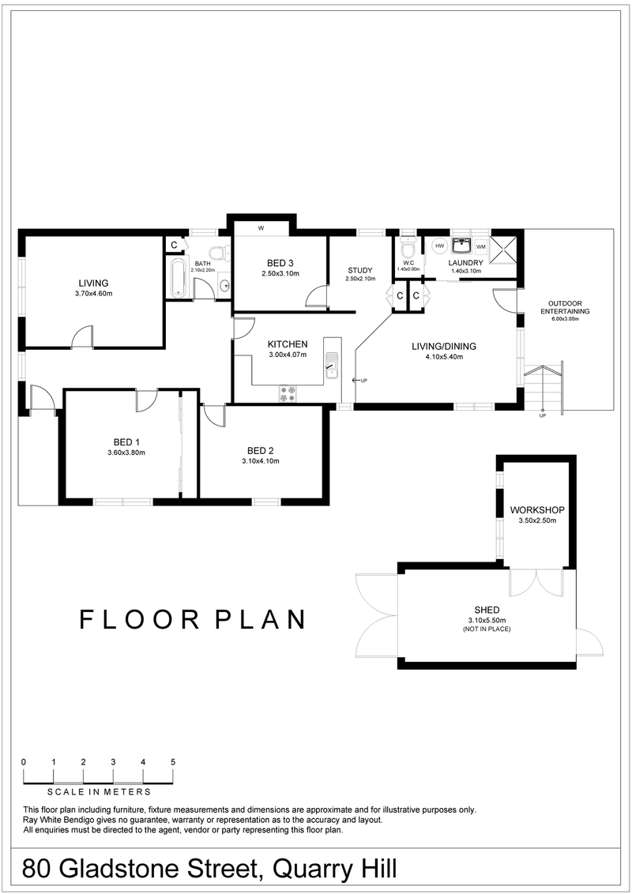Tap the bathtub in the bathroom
point(178,277)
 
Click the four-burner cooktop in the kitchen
point(288,393)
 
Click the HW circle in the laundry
point(440,246)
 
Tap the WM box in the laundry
point(481,247)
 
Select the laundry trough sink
point(461,244)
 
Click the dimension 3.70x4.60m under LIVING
point(93,294)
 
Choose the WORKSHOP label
point(537,510)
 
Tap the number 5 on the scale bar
point(172,762)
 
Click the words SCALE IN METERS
point(99,791)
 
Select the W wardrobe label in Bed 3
point(260,230)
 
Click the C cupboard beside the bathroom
point(174,245)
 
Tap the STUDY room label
point(359,270)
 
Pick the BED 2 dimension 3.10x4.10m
point(260,461)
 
